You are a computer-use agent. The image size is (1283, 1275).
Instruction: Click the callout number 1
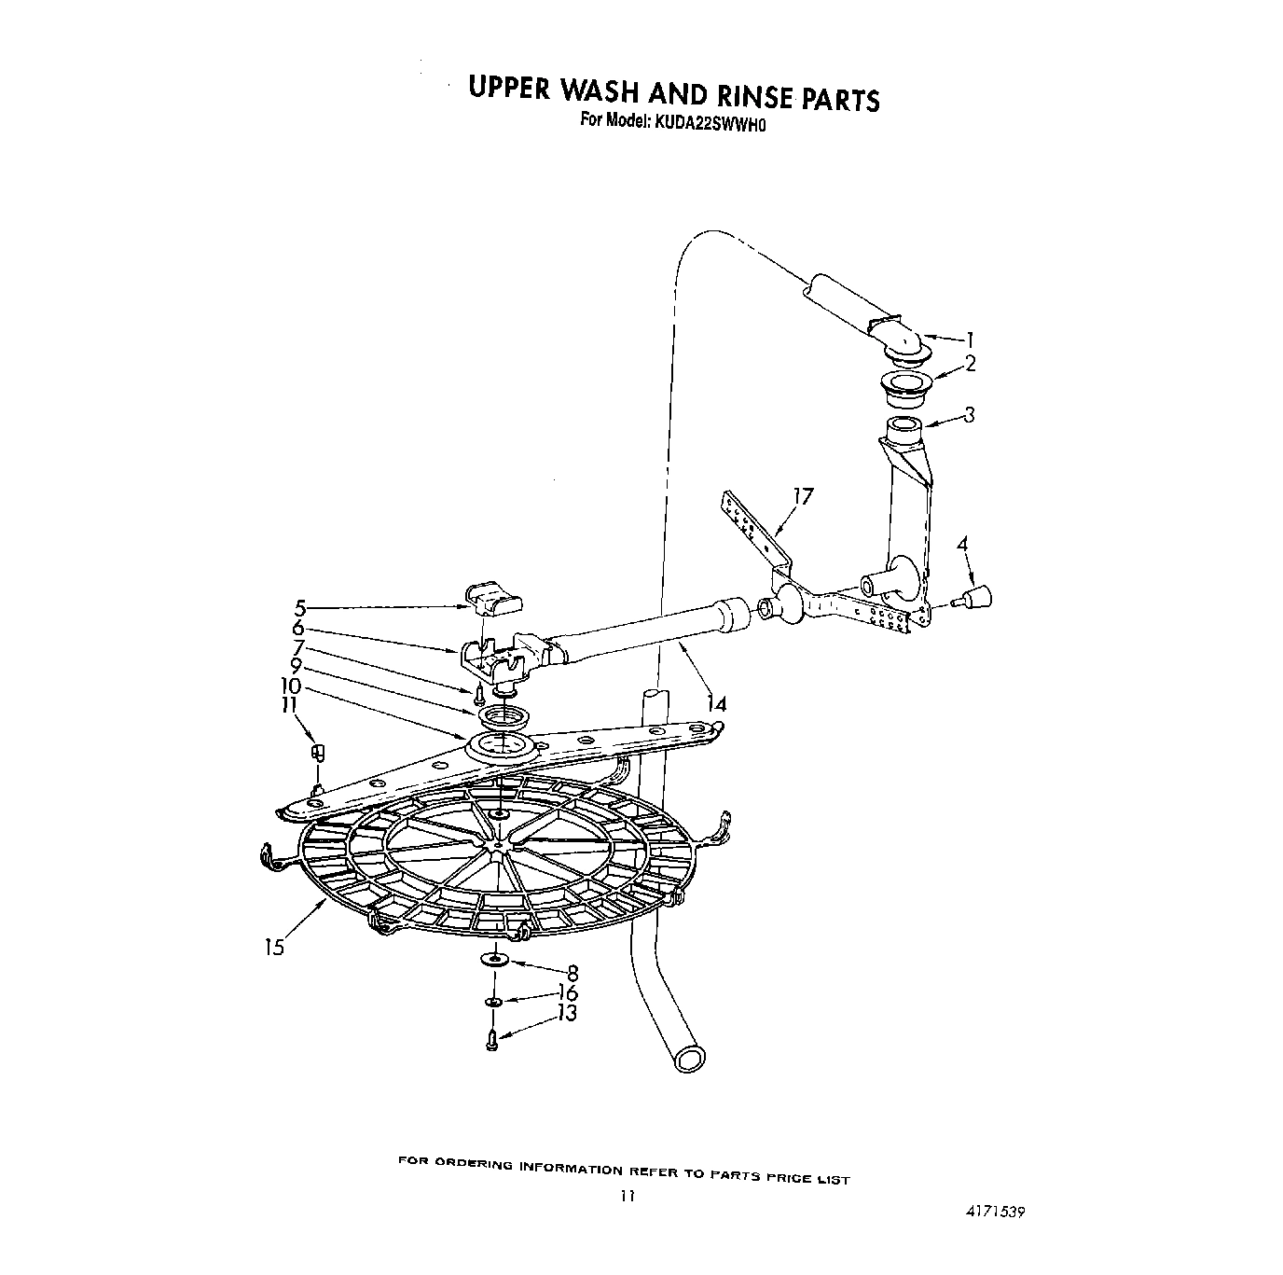click(x=970, y=340)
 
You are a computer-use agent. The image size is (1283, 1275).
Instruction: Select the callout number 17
click(x=802, y=496)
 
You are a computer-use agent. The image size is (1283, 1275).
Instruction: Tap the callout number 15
click(x=272, y=948)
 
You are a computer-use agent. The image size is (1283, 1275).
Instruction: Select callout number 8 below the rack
click(x=573, y=973)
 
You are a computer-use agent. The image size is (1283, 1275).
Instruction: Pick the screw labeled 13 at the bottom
click(x=492, y=1044)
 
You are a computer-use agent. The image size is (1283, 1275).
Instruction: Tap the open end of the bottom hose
click(x=691, y=1058)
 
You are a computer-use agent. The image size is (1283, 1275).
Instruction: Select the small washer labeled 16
click(x=492, y=1003)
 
